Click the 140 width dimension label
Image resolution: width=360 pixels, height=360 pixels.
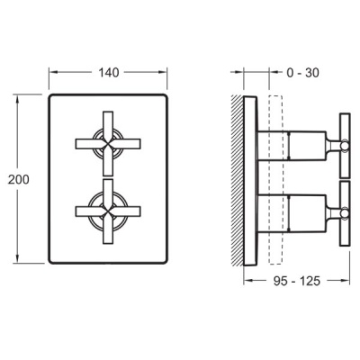[x=109, y=72]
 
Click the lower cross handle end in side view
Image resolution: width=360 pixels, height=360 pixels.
[x=343, y=212]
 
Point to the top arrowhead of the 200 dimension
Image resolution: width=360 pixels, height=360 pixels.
[x=18, y=95]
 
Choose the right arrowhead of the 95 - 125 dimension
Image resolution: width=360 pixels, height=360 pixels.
[x=347, y=280]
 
